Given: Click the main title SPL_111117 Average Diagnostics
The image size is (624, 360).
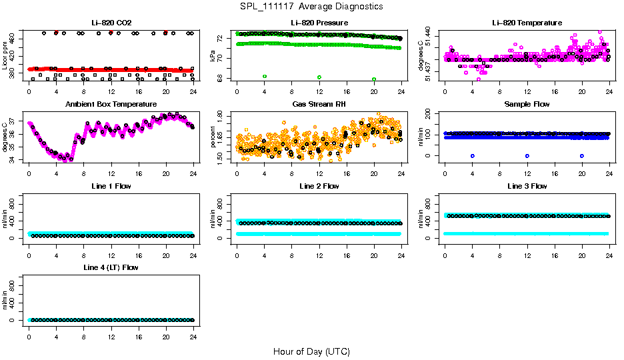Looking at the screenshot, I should click(x=312, y=6).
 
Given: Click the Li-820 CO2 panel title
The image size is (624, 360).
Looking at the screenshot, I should click(x=111, y=23).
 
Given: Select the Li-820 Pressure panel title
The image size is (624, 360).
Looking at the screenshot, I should click(x=319, y=23).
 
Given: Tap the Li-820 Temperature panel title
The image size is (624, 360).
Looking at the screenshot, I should click(x=527, y=23).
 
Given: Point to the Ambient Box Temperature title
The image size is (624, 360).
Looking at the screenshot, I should click(x=111, y=104).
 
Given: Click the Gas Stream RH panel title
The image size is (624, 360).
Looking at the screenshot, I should click(x=319, y=104).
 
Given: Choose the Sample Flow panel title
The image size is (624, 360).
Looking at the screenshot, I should click(x=527, y=104).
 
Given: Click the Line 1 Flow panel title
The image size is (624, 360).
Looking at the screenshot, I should click(x=111, y=185).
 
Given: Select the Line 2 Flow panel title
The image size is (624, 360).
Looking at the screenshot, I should click(x=319, y=185).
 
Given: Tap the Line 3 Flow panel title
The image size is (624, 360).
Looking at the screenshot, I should click(x=527, y=185).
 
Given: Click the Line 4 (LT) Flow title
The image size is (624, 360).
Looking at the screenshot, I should click(x=111, y=267).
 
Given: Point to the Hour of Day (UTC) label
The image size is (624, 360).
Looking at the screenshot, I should click(x=311, y=351).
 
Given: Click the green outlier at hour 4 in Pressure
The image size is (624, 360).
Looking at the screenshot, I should click(x=265, y=77).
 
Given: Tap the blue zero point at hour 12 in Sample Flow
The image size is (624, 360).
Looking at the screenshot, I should click(x=527, y=155).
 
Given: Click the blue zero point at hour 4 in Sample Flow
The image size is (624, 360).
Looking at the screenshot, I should click(x=472, y=155).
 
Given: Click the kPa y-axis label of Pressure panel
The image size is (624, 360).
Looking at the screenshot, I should click(x=213, y=55).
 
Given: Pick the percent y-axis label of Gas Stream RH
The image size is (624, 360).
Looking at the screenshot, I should click(x=213, y=136).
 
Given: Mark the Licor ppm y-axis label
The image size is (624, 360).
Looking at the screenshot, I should click(x=5, y=55).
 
